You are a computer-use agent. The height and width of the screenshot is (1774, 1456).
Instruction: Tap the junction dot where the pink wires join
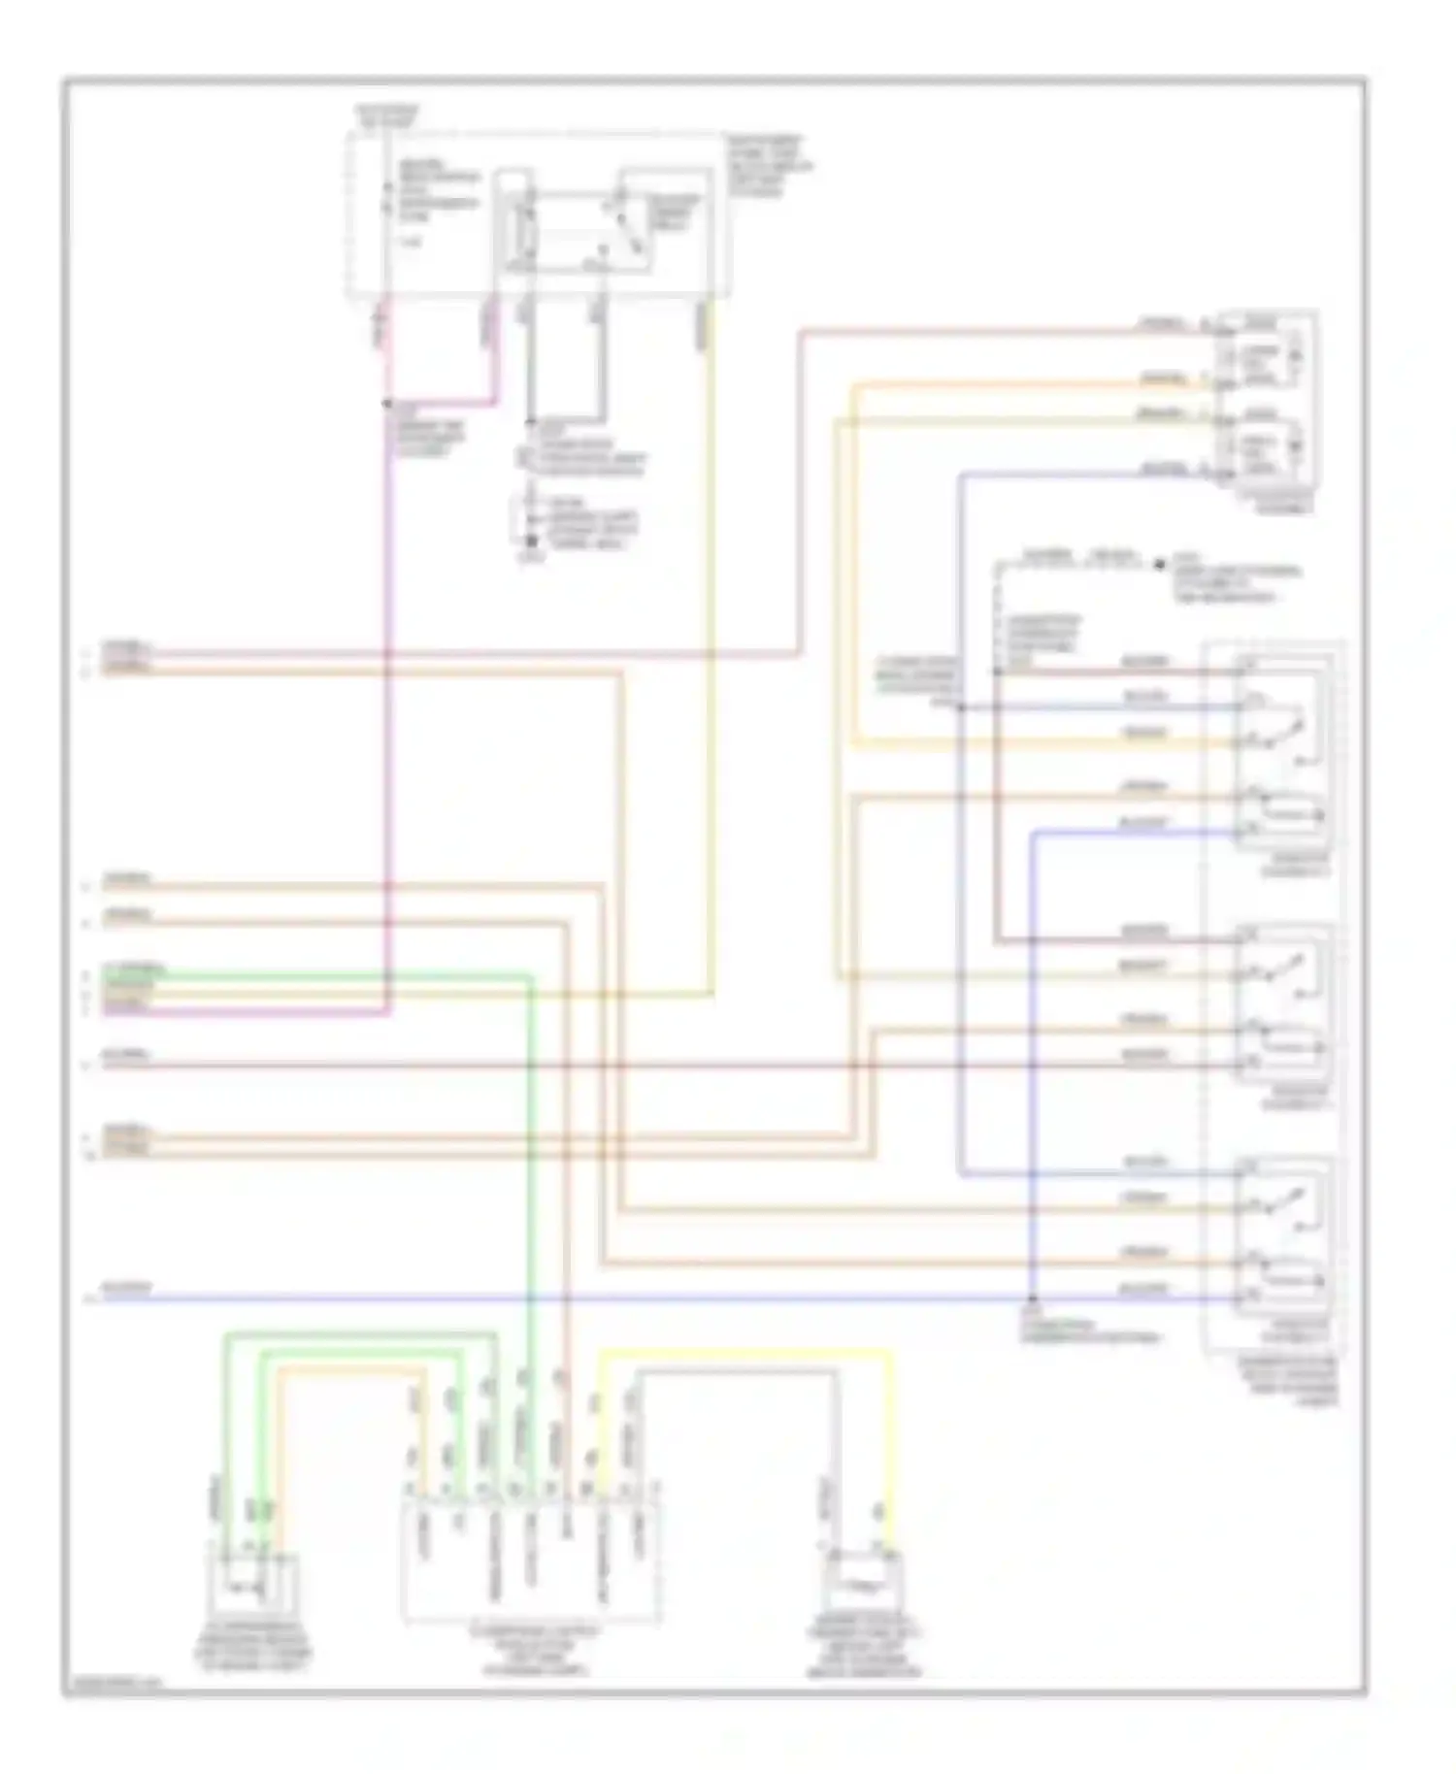point(386,403)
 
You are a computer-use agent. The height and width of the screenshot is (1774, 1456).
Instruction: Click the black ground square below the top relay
point(531,544)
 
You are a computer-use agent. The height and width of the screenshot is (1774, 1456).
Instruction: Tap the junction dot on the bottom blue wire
point(1033,1298)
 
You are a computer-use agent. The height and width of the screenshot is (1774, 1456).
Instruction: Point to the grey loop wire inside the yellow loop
point(738,1371)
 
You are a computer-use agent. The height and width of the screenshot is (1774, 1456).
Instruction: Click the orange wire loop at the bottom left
point(349,1369)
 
